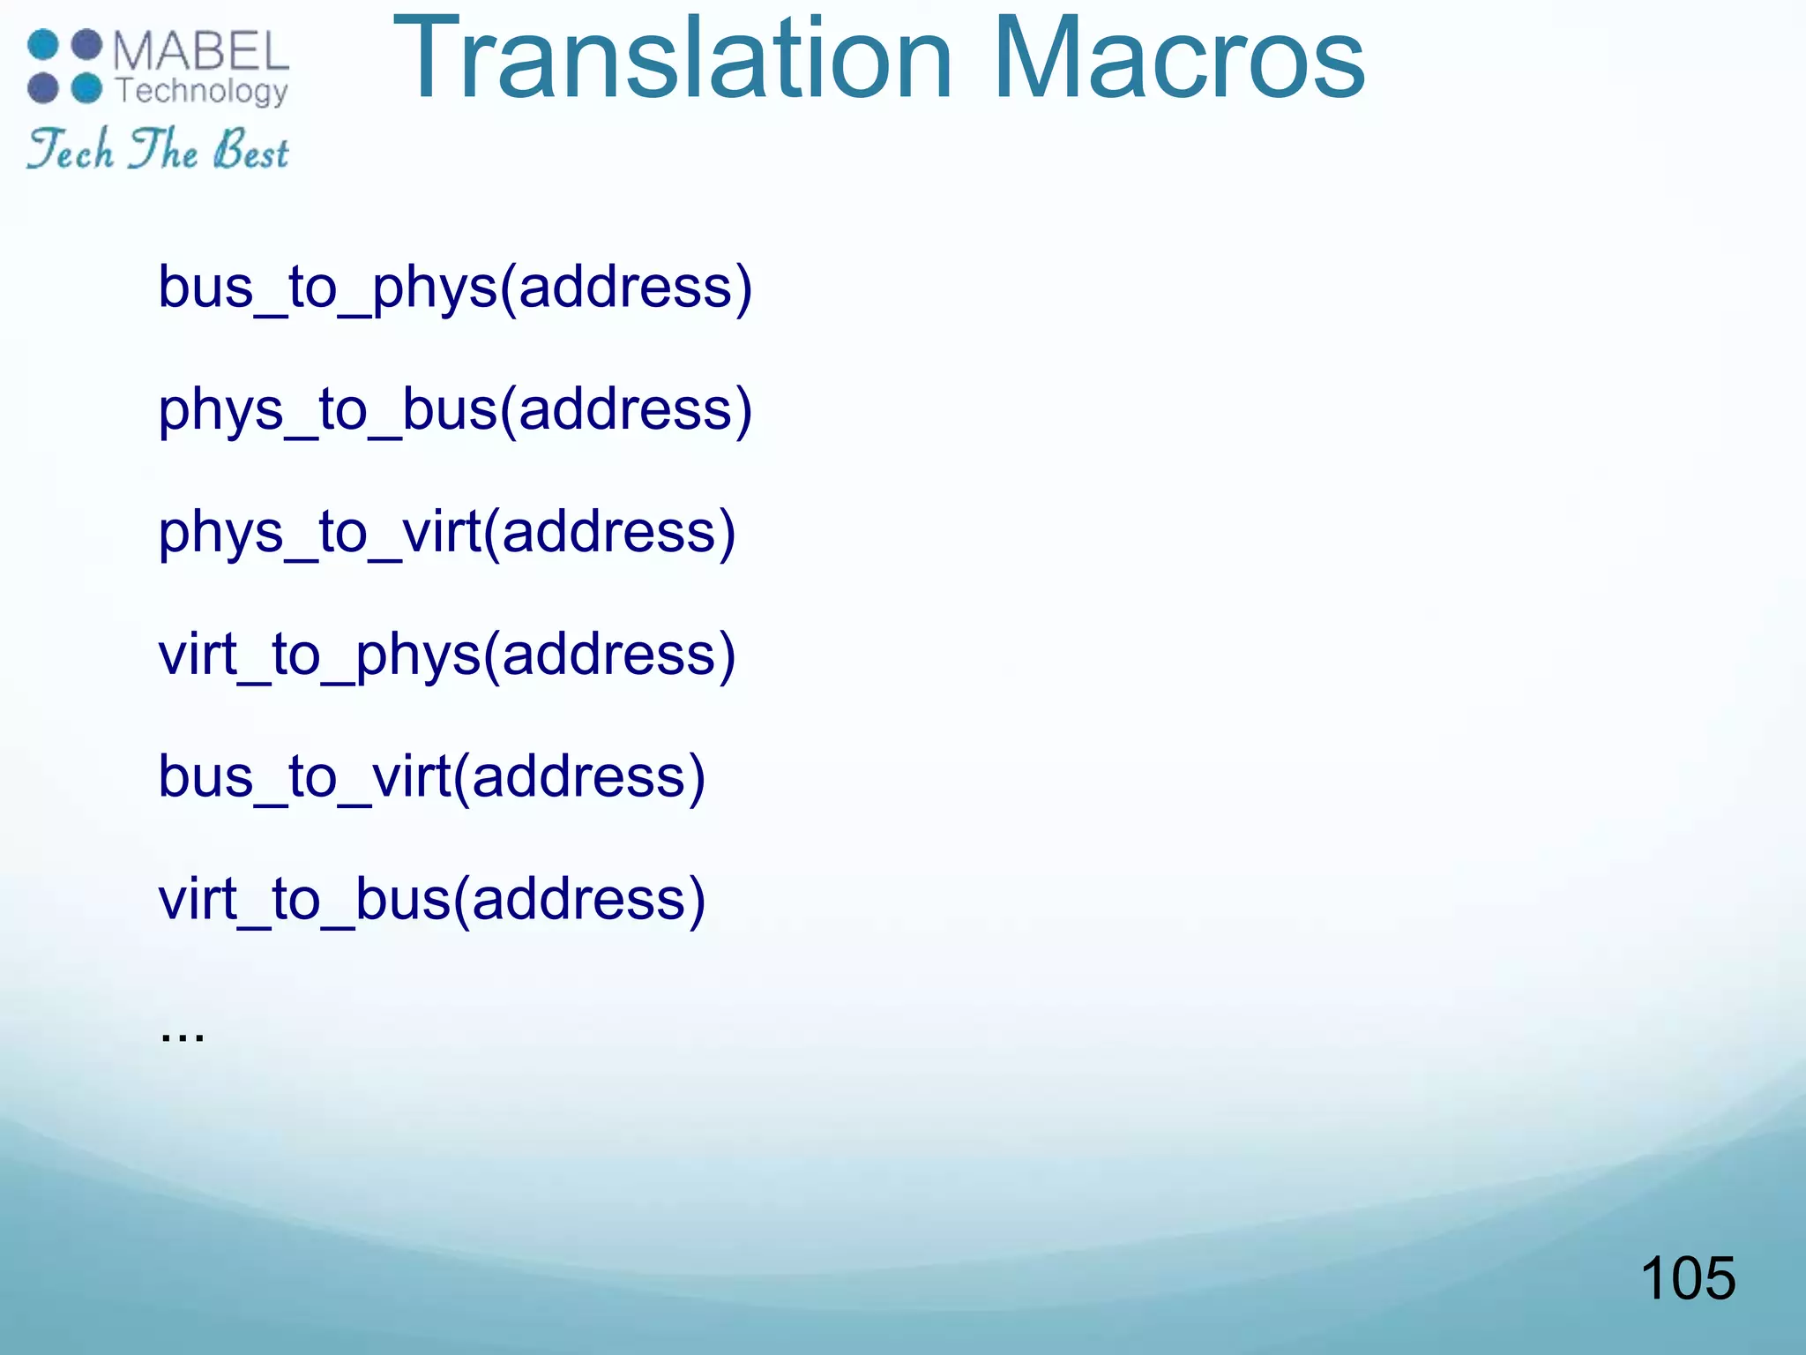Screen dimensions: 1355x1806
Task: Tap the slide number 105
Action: click(1687, 1278)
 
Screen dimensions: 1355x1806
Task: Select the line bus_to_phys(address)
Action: click(455, 288)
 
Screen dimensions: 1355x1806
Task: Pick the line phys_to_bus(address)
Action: click(455, 410)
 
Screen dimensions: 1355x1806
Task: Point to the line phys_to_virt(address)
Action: click(446, 533)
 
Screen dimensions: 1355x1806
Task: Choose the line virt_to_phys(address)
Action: click(446, 655)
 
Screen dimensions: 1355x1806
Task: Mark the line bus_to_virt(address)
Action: click(431, 777)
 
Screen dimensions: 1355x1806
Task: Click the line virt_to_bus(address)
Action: click(431, 900)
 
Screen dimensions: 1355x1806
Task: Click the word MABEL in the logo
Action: click(200, 51)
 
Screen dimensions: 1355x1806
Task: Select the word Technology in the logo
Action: click(202, 91)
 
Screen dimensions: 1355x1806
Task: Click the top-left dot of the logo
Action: click(43, 45)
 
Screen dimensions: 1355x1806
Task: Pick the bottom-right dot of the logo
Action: click(86, 88)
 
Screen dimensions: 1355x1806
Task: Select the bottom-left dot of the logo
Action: click(43, 88)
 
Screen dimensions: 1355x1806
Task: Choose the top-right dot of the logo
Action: click(86, 45)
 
